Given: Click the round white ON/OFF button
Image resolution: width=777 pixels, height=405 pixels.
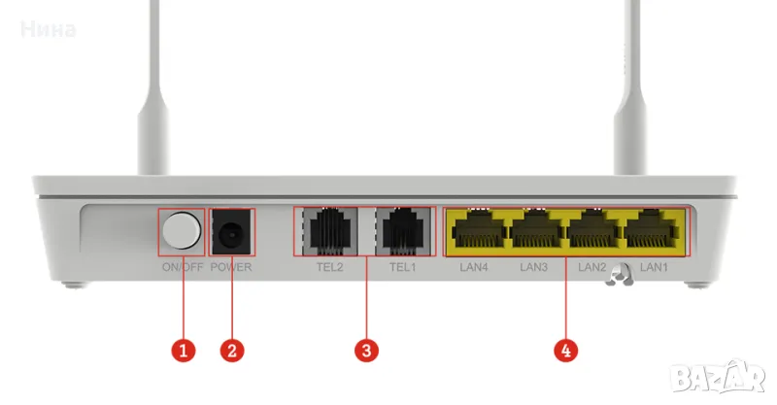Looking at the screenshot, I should pyautogui.click(x=182, y=232).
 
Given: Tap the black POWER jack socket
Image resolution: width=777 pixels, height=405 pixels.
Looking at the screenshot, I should pyautogui.click(x=231, y=233).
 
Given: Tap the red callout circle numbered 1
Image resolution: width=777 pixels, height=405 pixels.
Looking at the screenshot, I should pyautogui.click(x=182, y=351).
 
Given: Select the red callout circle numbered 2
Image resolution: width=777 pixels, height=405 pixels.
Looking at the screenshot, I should pyautogui.click(x=231, y=351).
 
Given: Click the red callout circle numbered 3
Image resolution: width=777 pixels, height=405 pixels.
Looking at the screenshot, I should pyautogui.click(x=364, y=351).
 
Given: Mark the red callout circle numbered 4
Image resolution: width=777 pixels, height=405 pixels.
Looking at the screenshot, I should pyautogui.click(x=567, y=351).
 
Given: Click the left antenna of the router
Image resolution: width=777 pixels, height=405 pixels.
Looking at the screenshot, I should pyautogui.click(x=152, y=97).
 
